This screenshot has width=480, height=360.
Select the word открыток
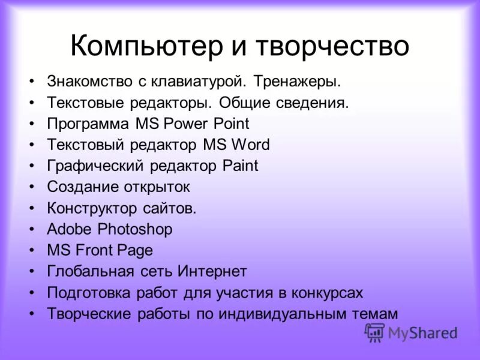[x=157, y=187]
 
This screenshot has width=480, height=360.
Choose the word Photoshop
[x=135, y=229]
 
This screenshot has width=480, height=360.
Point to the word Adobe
[x=70, y=229]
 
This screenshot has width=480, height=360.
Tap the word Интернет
[x=212, y=271]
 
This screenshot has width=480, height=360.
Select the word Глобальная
[x=90, y=271]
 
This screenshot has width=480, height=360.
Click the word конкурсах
[x=328, y=292]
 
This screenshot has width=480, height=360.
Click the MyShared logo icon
[x=374, y=332]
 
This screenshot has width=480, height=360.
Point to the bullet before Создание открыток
[x=31, y=187]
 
